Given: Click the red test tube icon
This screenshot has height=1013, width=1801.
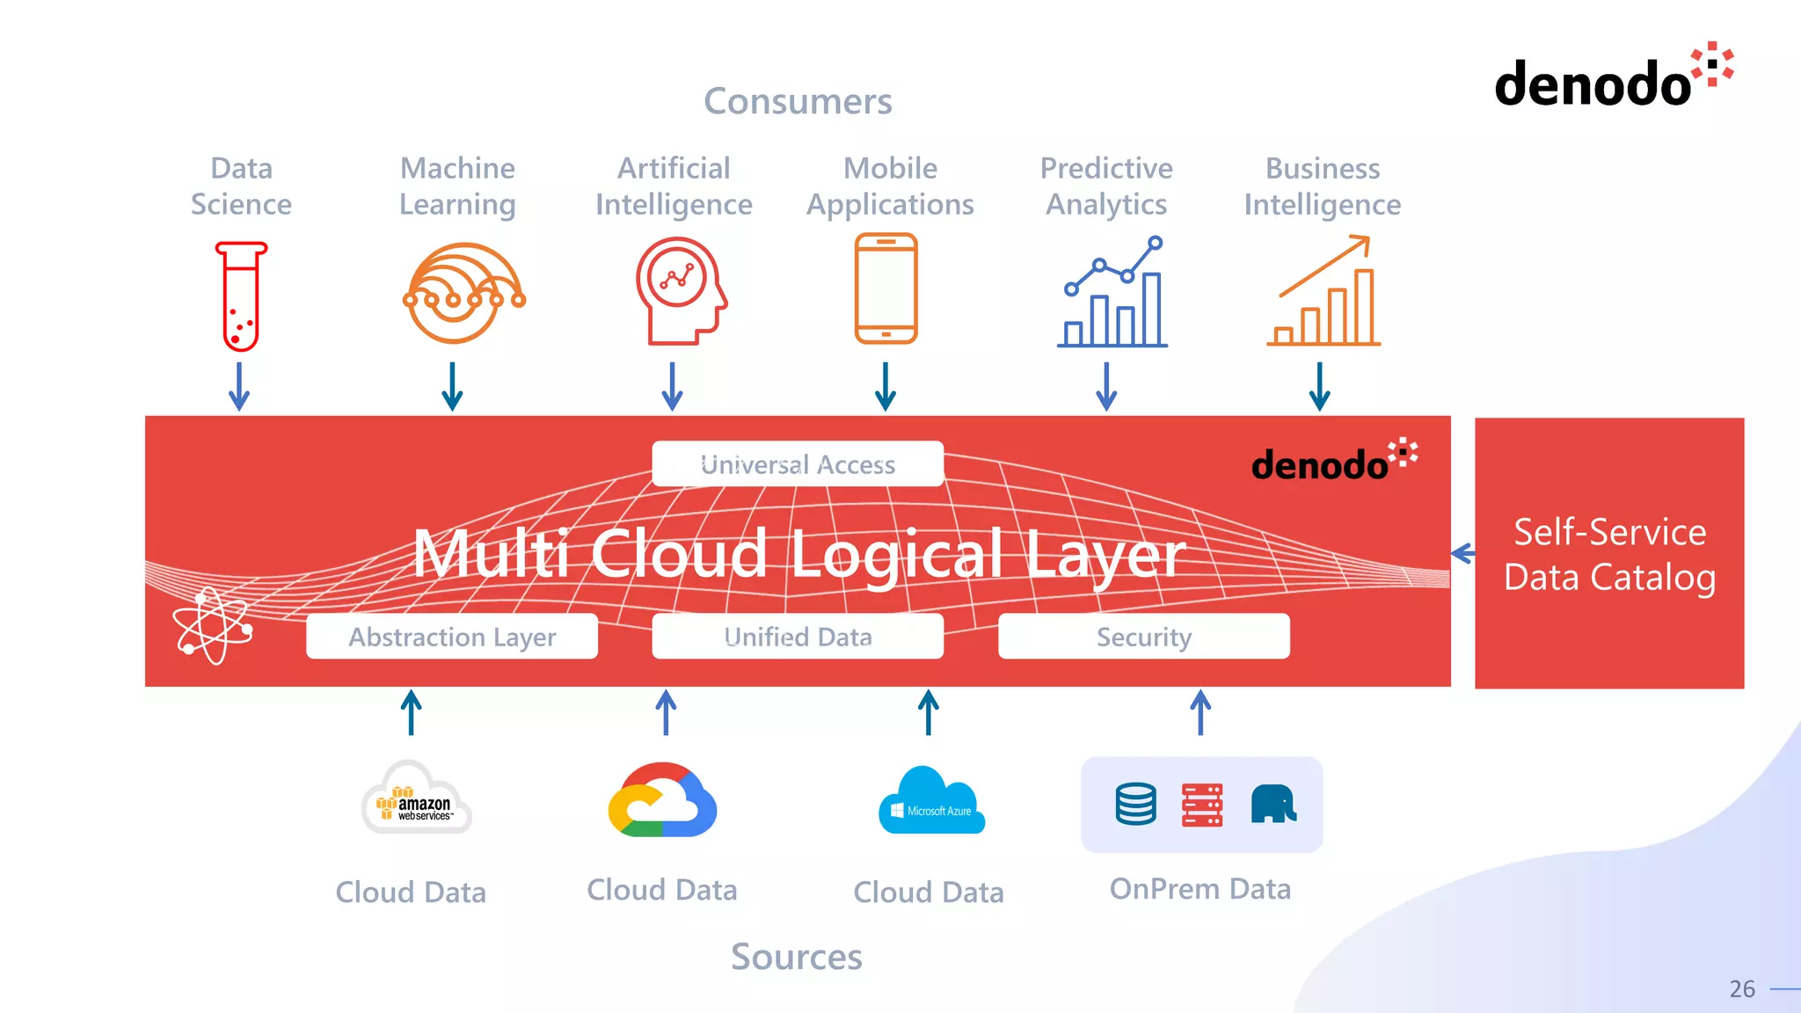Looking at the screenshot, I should pyautogui.click(x=241, y=296).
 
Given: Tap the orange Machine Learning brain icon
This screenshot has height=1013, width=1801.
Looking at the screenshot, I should pyautogui.click(x=463, y=293).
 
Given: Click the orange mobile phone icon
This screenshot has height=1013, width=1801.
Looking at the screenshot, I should pyautogui.click(x=886, y=288).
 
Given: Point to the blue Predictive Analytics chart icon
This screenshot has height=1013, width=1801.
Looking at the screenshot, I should pyautogui.click(x=1113, y=292).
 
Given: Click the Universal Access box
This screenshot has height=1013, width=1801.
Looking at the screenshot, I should pyautogui.click(x=798, y=463).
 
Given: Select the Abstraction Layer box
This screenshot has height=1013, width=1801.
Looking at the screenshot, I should pyautogui.click(x=452, y=636).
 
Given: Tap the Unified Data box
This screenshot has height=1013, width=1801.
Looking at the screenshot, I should pyautogui.click(x=798, y=636).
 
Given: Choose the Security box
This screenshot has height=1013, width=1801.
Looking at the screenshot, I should pyautogui.click(x=1143, y=636).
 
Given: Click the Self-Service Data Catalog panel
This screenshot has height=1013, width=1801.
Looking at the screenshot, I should pyautogui.click(x=1609, y=553).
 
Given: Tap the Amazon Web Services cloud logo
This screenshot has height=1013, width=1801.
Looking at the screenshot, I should pyautogui.click(x=417, y=799).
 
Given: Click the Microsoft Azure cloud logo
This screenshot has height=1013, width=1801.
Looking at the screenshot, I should pyautogui.click(x=931, y=802).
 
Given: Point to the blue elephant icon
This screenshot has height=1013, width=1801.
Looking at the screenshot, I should pyautogui.click(x=1272, y=804).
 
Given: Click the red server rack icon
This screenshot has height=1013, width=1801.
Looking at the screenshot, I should pyautogui.click(x=1202, y=805).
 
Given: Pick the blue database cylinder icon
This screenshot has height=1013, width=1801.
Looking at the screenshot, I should pyautogui.click(x=1135, y=805).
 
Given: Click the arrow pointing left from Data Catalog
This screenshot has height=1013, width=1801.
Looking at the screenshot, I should pyautogui.click(x=1462, y=553).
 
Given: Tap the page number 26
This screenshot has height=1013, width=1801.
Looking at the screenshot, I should pyautogui.click(x=1741, y=989).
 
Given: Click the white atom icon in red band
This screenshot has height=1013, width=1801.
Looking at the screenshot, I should pyautogui.click(x=213, y=626).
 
